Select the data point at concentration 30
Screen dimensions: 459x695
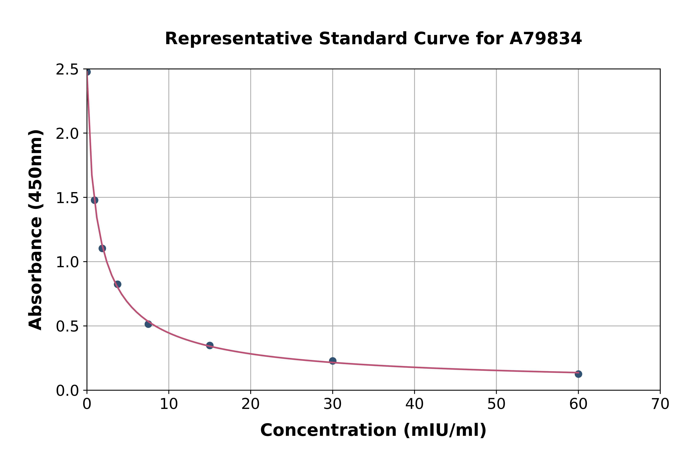click(x=333, y=361)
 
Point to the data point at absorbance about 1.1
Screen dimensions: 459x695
click(x=102, y=248)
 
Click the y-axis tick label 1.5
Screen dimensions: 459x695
click(x=67, y=198)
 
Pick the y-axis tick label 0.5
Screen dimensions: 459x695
click(x=67, y=326)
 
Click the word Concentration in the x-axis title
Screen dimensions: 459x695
click(x=329, y=430)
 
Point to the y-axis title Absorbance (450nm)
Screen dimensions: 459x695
click(x=36, y=230)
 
